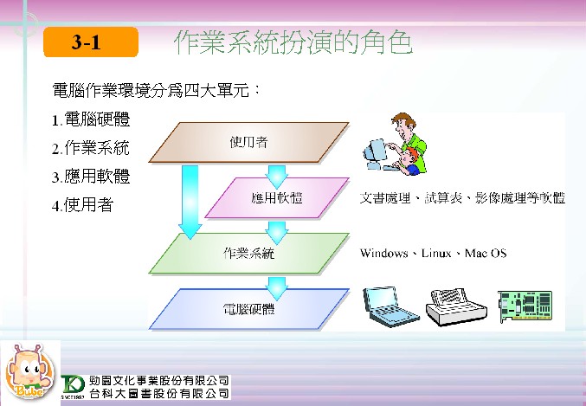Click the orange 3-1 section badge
click(91, 42)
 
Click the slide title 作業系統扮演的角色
click(293, 42)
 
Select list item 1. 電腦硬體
click(91, 119)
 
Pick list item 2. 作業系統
click(90, 148)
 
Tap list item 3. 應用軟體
click(91, 177)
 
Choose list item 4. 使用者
click(82, 205)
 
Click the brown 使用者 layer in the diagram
click(249, 143)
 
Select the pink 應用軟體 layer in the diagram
click(277, 197)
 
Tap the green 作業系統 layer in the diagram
click(249, 254)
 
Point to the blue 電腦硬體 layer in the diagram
click(249, 309)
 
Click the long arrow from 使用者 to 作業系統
click(190, 202)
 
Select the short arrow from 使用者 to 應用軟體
click(277, 177)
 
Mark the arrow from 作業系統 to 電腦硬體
click(277, 288)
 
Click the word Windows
click(383, 253)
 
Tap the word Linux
click(436, 253)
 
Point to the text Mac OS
click(486, 253)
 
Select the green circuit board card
click(525, 306)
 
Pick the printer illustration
click(456, 306)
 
